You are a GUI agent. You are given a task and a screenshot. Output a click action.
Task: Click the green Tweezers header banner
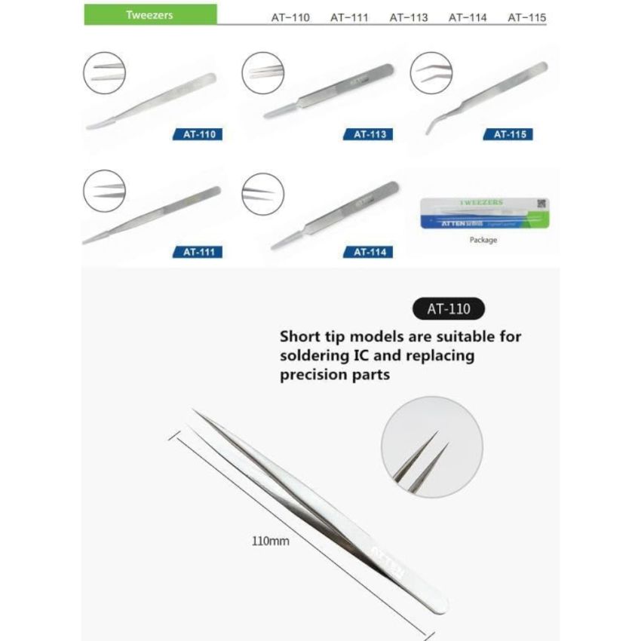[x=150, y=14]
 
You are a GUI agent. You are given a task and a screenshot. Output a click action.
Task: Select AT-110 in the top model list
[x=290, y=17]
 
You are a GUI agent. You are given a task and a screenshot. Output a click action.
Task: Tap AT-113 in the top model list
[x=409, y=17]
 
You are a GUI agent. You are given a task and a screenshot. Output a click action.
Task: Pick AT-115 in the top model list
[x=527, y=17]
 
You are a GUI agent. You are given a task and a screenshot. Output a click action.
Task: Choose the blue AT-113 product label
[x=370, y=135]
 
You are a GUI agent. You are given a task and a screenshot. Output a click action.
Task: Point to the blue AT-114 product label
[x=370, y=252]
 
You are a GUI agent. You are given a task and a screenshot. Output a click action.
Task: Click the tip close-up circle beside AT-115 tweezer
[x=431, y=72]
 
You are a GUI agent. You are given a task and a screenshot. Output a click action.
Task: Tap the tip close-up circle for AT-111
[x=104, y=192]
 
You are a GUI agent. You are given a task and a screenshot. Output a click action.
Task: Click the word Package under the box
[x=483, y=241]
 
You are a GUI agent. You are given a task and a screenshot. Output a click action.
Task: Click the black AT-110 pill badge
[x=449, y=308]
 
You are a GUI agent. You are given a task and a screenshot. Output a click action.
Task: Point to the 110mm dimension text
[x=271, y=540]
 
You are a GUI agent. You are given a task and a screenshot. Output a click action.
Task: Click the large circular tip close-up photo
[x=422, y=449]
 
